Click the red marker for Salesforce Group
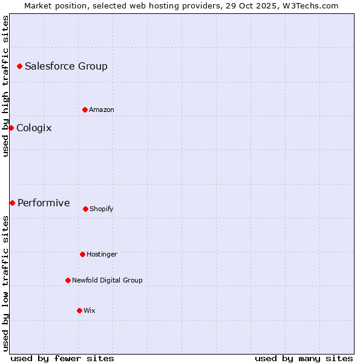(19, 66)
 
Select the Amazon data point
(85, 110)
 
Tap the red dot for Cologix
(11, 128)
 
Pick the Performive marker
(12, 203)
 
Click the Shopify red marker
(85, 209)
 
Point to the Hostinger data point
(82, 254)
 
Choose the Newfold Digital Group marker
(68, 280)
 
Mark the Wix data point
(79, 310)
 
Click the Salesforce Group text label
(66, 66)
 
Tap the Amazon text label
(102, 110)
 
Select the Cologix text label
(34, 128)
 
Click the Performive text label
(44, 203)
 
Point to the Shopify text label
(102, 209)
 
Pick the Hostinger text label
(102, 254)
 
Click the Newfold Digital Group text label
(107, 280)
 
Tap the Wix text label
(90, 310)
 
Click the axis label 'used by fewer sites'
(62, 358)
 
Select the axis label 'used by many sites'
(304, 358)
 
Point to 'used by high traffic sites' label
(5, 87)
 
